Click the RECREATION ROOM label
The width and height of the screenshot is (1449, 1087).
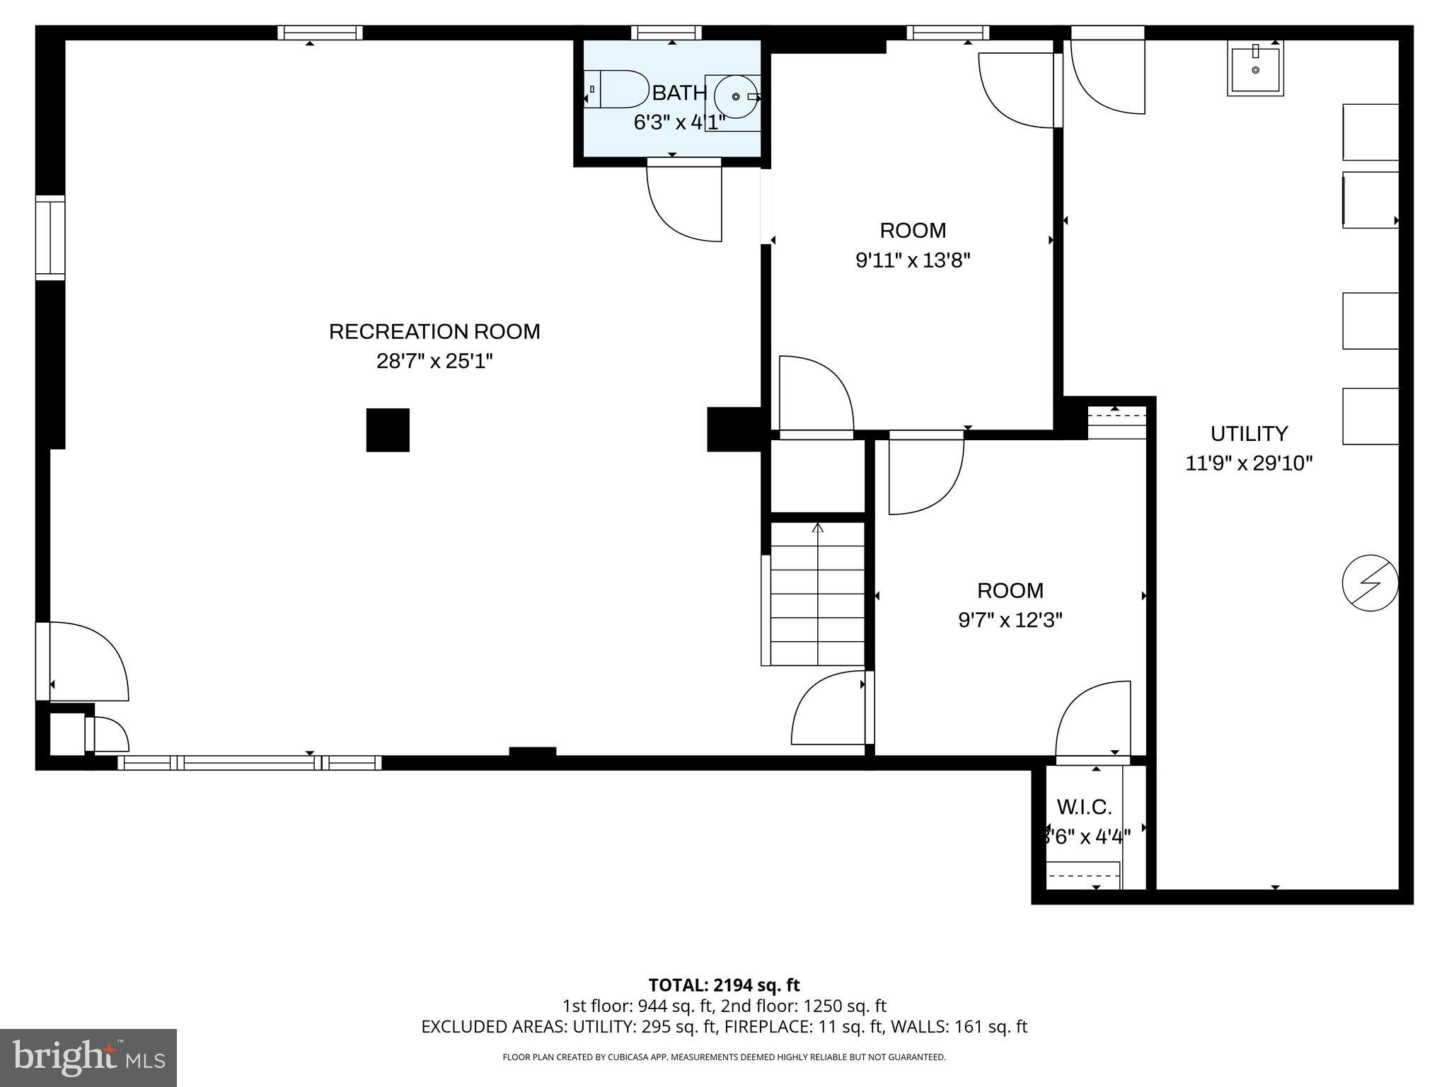pos(434,331)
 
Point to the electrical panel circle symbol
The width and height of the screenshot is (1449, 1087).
pos(1370,583)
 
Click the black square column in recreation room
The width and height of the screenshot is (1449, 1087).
pos(388,430)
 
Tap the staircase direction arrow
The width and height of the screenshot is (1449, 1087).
pos(818,527)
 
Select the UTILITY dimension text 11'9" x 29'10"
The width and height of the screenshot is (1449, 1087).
pos(1249,464)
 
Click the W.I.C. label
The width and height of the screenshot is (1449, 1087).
pos(1084,807)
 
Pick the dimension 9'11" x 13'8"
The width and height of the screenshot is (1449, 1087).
pos(912,261)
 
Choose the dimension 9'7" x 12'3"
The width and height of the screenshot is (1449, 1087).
pos(1010,621)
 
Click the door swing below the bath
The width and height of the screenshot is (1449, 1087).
pos(683,202)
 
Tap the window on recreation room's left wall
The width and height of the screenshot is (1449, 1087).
pos(50,237)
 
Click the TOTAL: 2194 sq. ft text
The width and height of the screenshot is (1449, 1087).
pos(724,985)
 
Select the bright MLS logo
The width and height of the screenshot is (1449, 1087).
pos(88,1057)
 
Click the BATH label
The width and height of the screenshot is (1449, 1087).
pos(679,93)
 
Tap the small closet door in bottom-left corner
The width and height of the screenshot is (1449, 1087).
pos(108,735)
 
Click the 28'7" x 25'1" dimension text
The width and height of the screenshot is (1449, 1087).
pos(434,362)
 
